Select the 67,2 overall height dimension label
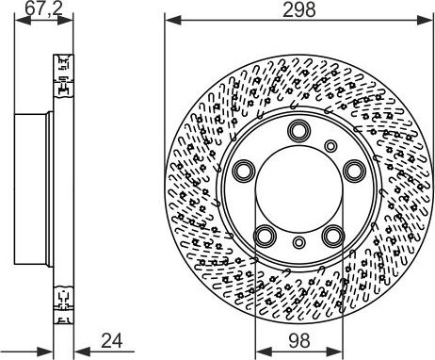click(37, 11)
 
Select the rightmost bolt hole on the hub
click(354, 170)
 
